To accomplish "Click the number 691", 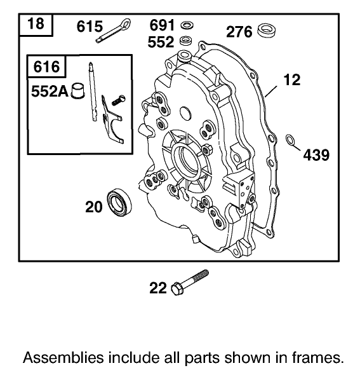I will [162, 25].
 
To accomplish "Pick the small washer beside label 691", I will [187, 25].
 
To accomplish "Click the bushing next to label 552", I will [186, 41].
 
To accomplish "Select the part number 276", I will [240, 31].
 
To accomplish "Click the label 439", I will [316, 155].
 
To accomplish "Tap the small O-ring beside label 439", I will [290, 140].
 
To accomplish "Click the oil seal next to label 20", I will [119, 203].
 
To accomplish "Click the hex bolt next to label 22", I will [189, 282].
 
